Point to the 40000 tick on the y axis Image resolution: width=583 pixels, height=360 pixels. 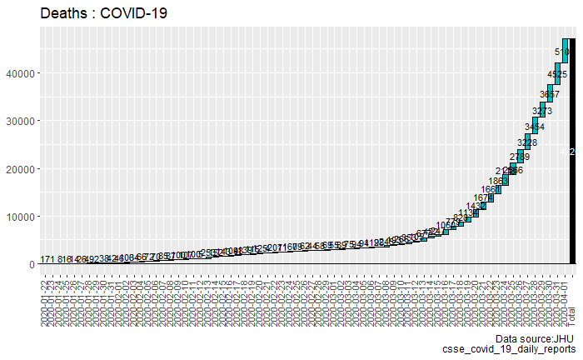tap(21, 73)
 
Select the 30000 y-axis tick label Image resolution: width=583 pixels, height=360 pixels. tap(21, 121)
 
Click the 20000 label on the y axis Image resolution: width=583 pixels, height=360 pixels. tap(21, 169)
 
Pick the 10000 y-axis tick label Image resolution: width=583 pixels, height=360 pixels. tap(21, 217)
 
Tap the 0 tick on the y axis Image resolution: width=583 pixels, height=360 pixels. tap(31, 265)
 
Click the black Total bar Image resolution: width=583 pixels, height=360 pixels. tap(572, 151)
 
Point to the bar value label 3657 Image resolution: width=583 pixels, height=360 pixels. tap(549, 93)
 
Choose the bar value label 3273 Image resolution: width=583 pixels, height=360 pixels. tap(542, 111)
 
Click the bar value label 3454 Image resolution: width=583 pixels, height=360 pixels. tap(534, 127)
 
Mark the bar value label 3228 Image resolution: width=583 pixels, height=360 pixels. tap(527, 142)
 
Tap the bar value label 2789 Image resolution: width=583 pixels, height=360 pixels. tap(521, 157)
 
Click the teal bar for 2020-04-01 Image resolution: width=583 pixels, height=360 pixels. tap(565, 50)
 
